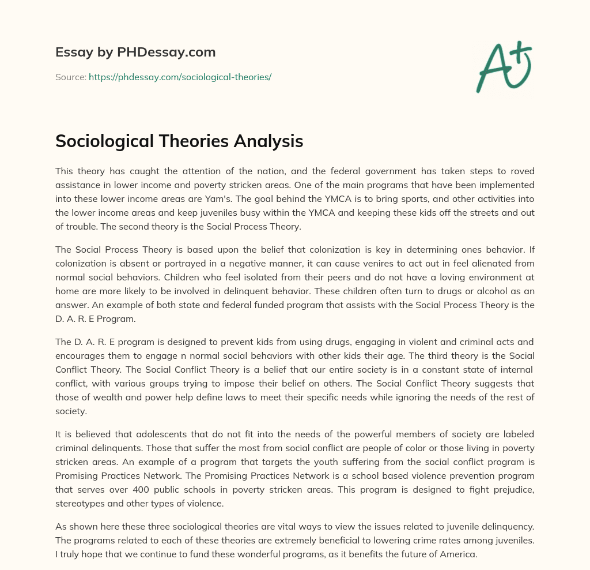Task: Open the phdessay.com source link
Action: [x=180, y=77]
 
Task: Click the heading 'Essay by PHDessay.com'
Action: [x=135, y=52]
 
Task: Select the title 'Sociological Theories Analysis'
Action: [x=179, y=141]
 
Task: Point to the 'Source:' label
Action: [x=71, y=77]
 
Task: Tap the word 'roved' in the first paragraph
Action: [x=522, y=171]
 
